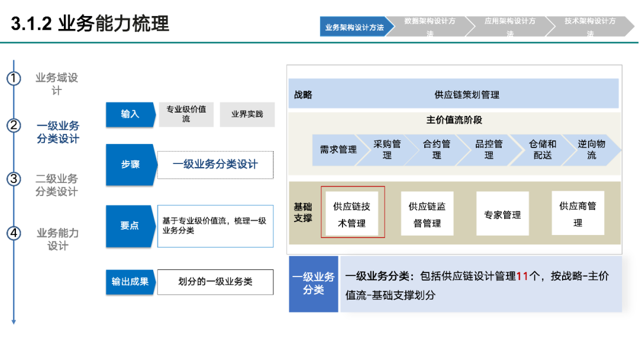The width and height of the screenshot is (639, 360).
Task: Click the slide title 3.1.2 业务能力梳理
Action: tap(90, 24)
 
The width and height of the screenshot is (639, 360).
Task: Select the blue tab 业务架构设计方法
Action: tap(354, 27)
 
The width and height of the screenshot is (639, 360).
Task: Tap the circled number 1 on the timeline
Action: tap(14, 78)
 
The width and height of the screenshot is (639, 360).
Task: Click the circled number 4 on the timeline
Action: tap(14, 233)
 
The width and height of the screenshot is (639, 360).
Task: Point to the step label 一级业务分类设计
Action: tap(57, 132)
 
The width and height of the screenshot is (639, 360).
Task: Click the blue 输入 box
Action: tap(130, 114)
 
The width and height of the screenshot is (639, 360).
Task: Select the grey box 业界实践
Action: tap(247, 114)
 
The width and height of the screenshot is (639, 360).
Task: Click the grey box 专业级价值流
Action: tap(186, 114)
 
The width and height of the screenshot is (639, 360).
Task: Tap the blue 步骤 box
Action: tap(130, 165)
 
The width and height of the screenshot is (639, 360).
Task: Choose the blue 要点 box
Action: tap(130, 226)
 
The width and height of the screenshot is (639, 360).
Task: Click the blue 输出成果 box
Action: tap(130, 282)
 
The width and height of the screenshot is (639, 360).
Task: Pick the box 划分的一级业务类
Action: tap(215, 282)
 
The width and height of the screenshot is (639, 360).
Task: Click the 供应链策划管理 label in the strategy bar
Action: tap(467, 94)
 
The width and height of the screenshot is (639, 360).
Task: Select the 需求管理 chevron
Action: tap(338, 150)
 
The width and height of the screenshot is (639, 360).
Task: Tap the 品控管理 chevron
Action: tap(489, 150)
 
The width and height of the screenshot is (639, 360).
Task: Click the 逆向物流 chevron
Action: tap(592, 150)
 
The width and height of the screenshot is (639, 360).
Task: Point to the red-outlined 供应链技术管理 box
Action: tap(353, 212)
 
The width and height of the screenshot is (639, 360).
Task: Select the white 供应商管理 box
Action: tap(577, 213)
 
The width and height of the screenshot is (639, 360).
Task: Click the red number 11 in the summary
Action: tap(522, 276)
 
